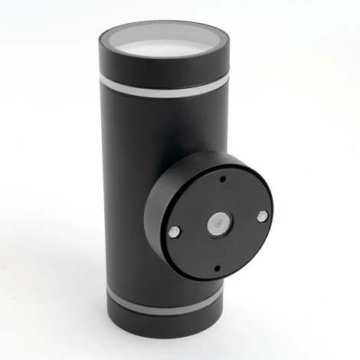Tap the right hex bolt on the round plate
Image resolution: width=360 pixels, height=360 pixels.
262,217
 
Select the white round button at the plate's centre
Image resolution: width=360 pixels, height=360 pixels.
218,223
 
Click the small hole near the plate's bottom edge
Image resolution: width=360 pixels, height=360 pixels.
217,268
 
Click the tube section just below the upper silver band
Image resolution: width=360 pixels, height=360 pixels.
138,115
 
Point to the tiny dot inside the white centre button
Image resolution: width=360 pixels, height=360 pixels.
218,223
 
